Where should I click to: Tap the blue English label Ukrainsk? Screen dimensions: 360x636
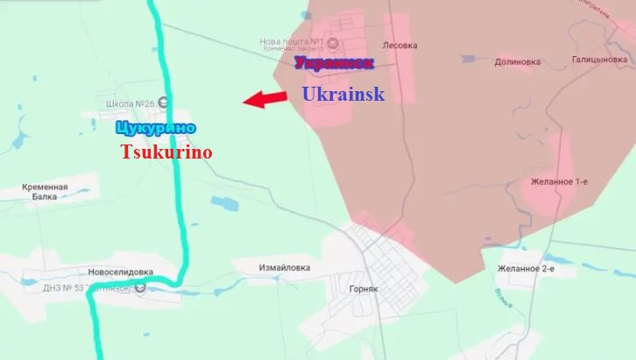pos(343,94)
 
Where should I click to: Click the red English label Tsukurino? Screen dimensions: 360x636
pos(166,152)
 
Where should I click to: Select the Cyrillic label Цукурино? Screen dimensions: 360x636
pos(154,129)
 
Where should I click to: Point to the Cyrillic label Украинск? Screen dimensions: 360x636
pos(334,63)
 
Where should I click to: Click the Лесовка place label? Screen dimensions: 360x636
pos(400,45)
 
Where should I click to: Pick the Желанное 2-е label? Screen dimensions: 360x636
pos(526,269)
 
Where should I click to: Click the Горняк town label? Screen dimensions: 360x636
pos(361,288)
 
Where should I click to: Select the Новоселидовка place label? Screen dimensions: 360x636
pos(121,272)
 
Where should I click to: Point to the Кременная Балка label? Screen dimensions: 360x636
pos(46,192)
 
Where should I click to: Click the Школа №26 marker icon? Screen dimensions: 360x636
pos(164,103)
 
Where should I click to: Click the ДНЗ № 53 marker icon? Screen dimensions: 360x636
pos(140,287)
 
